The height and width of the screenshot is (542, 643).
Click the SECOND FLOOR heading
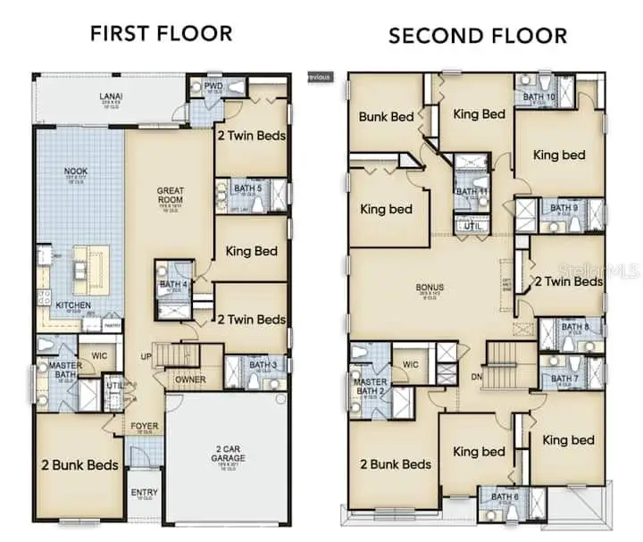477,36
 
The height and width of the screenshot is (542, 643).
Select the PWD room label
213,87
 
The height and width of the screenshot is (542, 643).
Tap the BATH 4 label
172,285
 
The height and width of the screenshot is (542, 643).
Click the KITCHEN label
73,305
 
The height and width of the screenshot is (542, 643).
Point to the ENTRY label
144,492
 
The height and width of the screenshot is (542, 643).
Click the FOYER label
146,426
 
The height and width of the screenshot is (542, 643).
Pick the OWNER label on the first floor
190,379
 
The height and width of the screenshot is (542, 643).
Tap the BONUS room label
430,288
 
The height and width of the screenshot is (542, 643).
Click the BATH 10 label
539,96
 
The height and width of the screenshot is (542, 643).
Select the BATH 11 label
472,191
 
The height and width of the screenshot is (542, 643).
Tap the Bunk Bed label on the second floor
386,116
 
